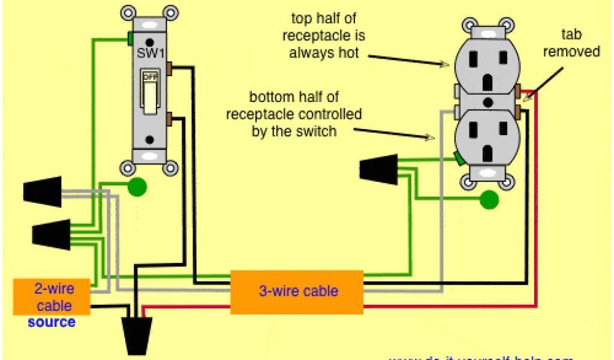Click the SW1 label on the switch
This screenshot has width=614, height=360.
(x=151, y=53)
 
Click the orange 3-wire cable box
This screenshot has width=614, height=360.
(x=297, y=292)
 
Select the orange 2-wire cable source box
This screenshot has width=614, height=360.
(x=52, y=296)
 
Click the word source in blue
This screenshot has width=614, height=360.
(x=52, y=322)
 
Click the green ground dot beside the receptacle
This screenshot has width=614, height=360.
(x=490, y=200)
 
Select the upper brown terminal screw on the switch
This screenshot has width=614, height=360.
(x=170, y=67)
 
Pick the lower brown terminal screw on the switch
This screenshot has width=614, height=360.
(x=170, y=118)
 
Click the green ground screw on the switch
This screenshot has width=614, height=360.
(x=130, y=40)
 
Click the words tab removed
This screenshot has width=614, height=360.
(x=571, y=43)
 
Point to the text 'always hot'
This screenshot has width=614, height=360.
(x=324, y=53)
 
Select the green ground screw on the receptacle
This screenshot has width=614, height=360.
(x=458, y=158)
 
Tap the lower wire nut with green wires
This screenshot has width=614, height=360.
(x=52, y=234)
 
